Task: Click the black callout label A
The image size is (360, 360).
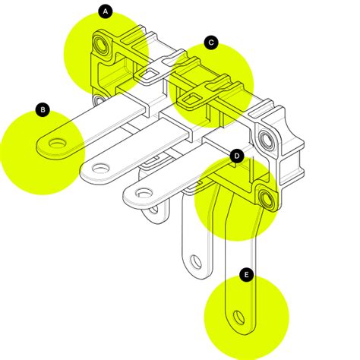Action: click(x=106, y=11)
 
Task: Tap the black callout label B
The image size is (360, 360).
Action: click(x=43, y=110)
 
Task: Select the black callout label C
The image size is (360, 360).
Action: click(x=212, y=43)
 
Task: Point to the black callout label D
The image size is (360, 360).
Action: click(x=236, y=156)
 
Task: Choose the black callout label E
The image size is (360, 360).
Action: click(x=246, y=274)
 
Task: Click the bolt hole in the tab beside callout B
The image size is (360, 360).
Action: click(x=56, y=142)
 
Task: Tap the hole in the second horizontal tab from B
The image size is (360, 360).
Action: click(x=99, y=166)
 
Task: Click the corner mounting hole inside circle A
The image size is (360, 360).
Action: click(x=101, y=46)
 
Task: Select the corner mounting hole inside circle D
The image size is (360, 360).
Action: click(x=267, y=199)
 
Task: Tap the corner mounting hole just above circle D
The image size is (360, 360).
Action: click(x=267, y=139)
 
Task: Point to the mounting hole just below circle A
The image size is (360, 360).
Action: click(x=99, y=99)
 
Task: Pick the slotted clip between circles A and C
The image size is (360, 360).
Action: click(x=152, y=71)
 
